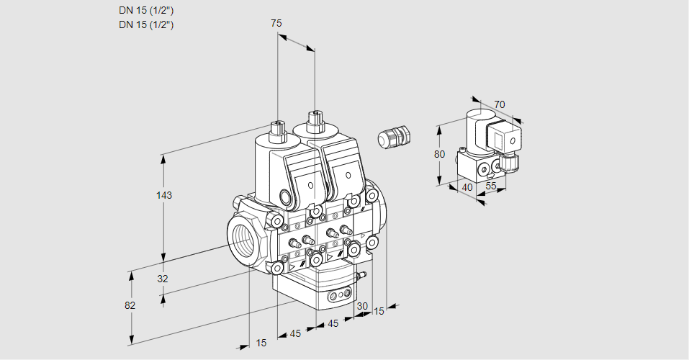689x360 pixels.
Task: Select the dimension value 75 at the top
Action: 276,23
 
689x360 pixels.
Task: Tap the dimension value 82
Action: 130,305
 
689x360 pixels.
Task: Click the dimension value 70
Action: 500,104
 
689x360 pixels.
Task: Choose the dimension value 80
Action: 441,154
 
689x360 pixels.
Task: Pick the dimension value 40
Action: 467,187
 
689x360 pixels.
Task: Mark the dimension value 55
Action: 492,187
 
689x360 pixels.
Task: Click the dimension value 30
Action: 361,306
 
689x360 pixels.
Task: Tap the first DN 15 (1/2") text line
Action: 147,10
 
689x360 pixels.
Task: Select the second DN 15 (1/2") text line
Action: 147,24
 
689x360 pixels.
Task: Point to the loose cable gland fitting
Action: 393,136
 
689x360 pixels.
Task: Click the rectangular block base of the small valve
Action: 479,170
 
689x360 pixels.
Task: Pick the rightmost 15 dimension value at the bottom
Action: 379,311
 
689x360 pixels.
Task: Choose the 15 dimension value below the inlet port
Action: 261,343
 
